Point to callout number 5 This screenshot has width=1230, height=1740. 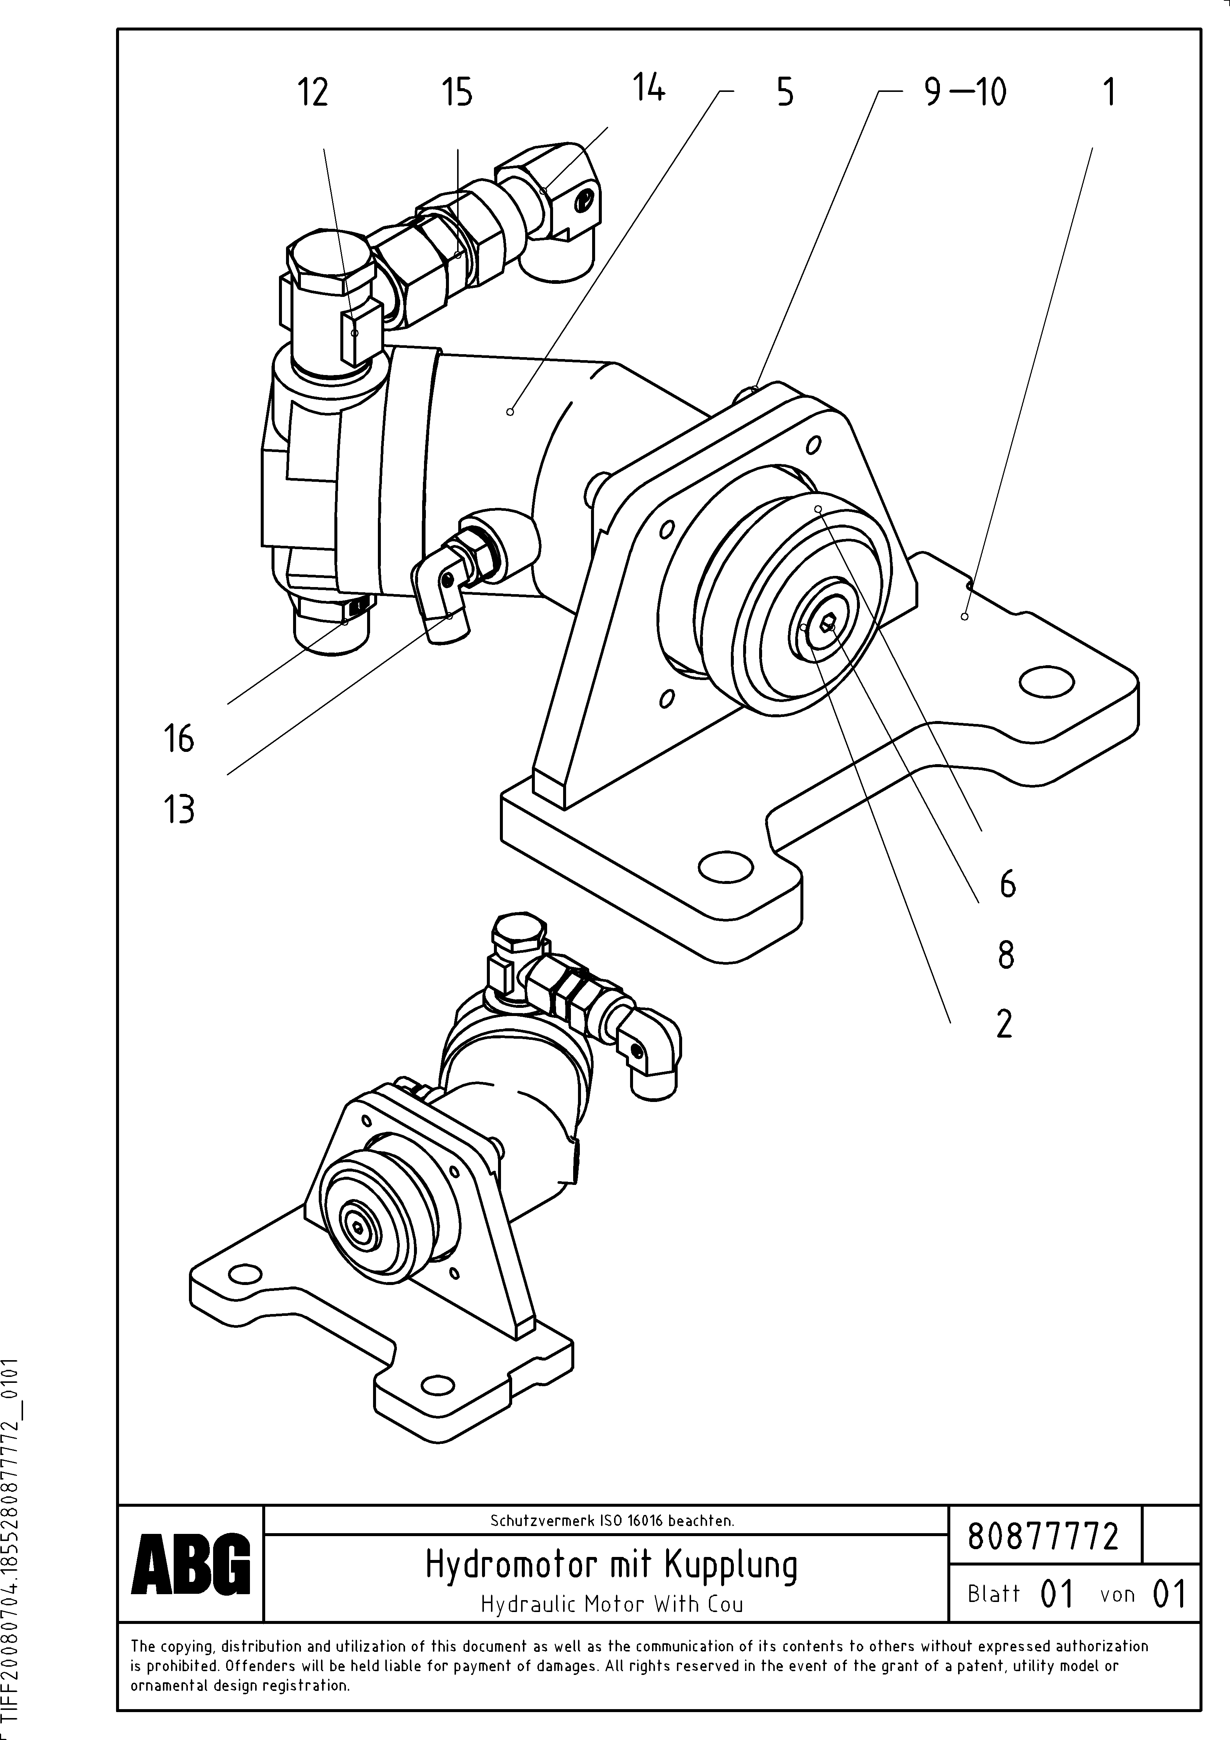click(785, 93)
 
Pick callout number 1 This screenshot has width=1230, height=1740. click(1108, 93)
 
